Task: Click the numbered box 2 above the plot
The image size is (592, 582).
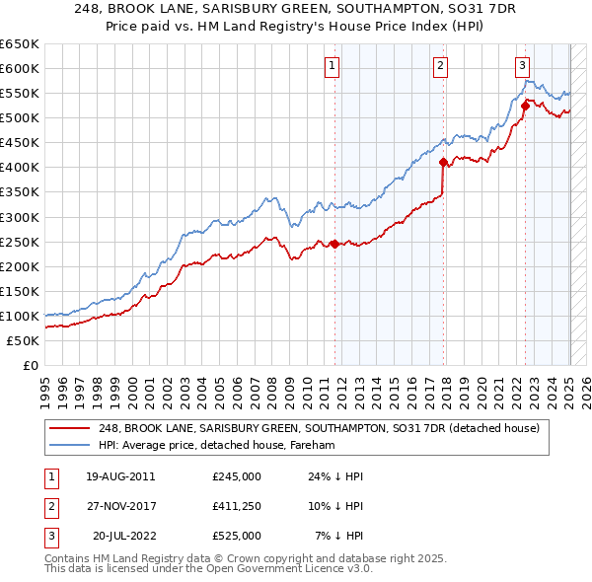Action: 440,67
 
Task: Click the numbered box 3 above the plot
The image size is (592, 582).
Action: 522,67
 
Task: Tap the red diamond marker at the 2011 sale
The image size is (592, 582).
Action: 334,244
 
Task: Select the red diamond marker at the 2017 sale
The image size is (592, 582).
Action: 444,162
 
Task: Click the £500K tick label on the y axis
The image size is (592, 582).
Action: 20,118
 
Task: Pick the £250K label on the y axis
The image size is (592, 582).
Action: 20,242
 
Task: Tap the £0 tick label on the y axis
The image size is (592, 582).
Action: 30,365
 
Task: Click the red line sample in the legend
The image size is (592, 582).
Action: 70,429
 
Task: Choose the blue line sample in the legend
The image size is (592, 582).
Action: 70,446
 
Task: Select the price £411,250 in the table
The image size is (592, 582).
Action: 236,506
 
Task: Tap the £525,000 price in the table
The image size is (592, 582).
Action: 236,536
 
